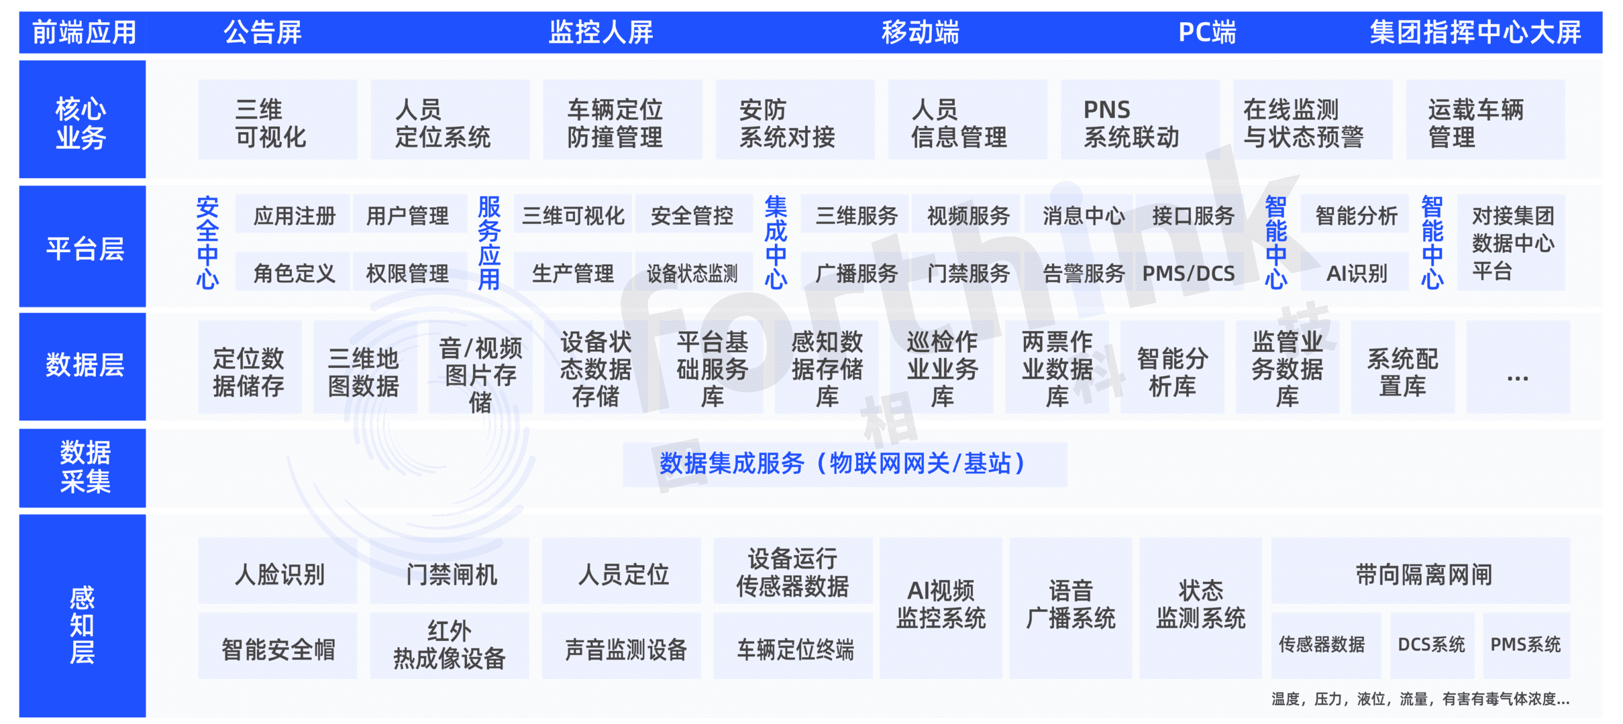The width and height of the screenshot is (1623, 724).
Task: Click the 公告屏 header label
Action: point(263,32)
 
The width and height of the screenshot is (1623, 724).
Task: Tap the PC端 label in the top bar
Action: point(1206,32)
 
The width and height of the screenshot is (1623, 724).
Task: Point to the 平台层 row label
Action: point(84,248)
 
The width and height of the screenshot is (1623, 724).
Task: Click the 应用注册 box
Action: point(294,216)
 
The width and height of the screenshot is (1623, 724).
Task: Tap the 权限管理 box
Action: point(407,273)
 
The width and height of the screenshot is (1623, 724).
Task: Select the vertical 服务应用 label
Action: point(489,243)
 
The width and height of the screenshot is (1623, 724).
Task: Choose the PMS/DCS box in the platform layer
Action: point(1188,273)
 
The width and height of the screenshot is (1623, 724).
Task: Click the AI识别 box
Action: point(1356,273)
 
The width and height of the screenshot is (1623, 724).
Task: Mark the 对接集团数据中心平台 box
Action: point(1512,243)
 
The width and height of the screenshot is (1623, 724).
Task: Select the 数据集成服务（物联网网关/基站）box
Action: point(844,464)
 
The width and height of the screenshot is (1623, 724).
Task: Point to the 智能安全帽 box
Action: point(278,648)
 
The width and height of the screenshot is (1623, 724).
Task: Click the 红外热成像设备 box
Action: point(449,645)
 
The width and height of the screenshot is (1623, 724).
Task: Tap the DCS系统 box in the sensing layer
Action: point(1431,644)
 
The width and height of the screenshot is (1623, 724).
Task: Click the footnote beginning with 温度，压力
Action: point(1420,699)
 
